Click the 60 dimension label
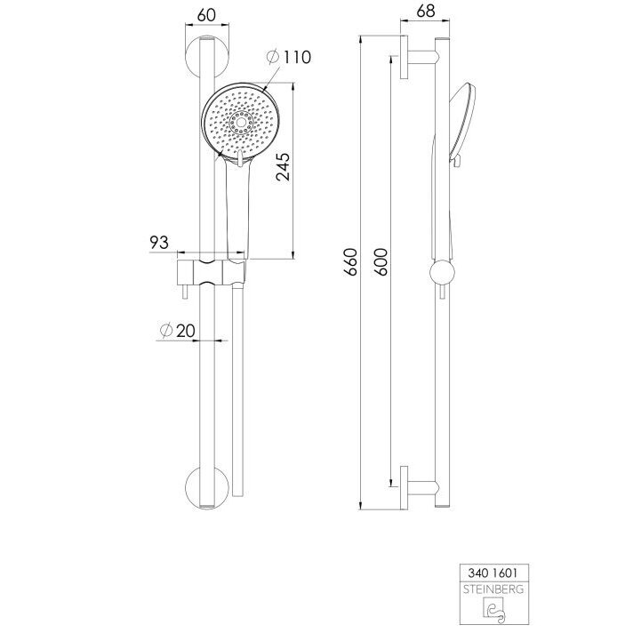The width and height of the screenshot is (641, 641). tap(206, 15)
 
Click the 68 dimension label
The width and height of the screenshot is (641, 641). tap(426, 11)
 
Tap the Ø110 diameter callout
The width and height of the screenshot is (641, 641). tap(289, 57)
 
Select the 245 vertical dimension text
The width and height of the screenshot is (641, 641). tap(283, 167)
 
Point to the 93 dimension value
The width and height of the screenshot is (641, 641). tap(159, 243)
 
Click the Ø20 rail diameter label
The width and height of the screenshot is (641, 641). tap(178, 331)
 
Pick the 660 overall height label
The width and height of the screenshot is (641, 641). tap(351, 261)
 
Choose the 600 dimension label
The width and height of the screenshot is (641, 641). tap(381, 261)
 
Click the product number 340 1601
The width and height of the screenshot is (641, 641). tap(493, 573)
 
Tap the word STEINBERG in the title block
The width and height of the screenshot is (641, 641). tap(493, 589)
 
